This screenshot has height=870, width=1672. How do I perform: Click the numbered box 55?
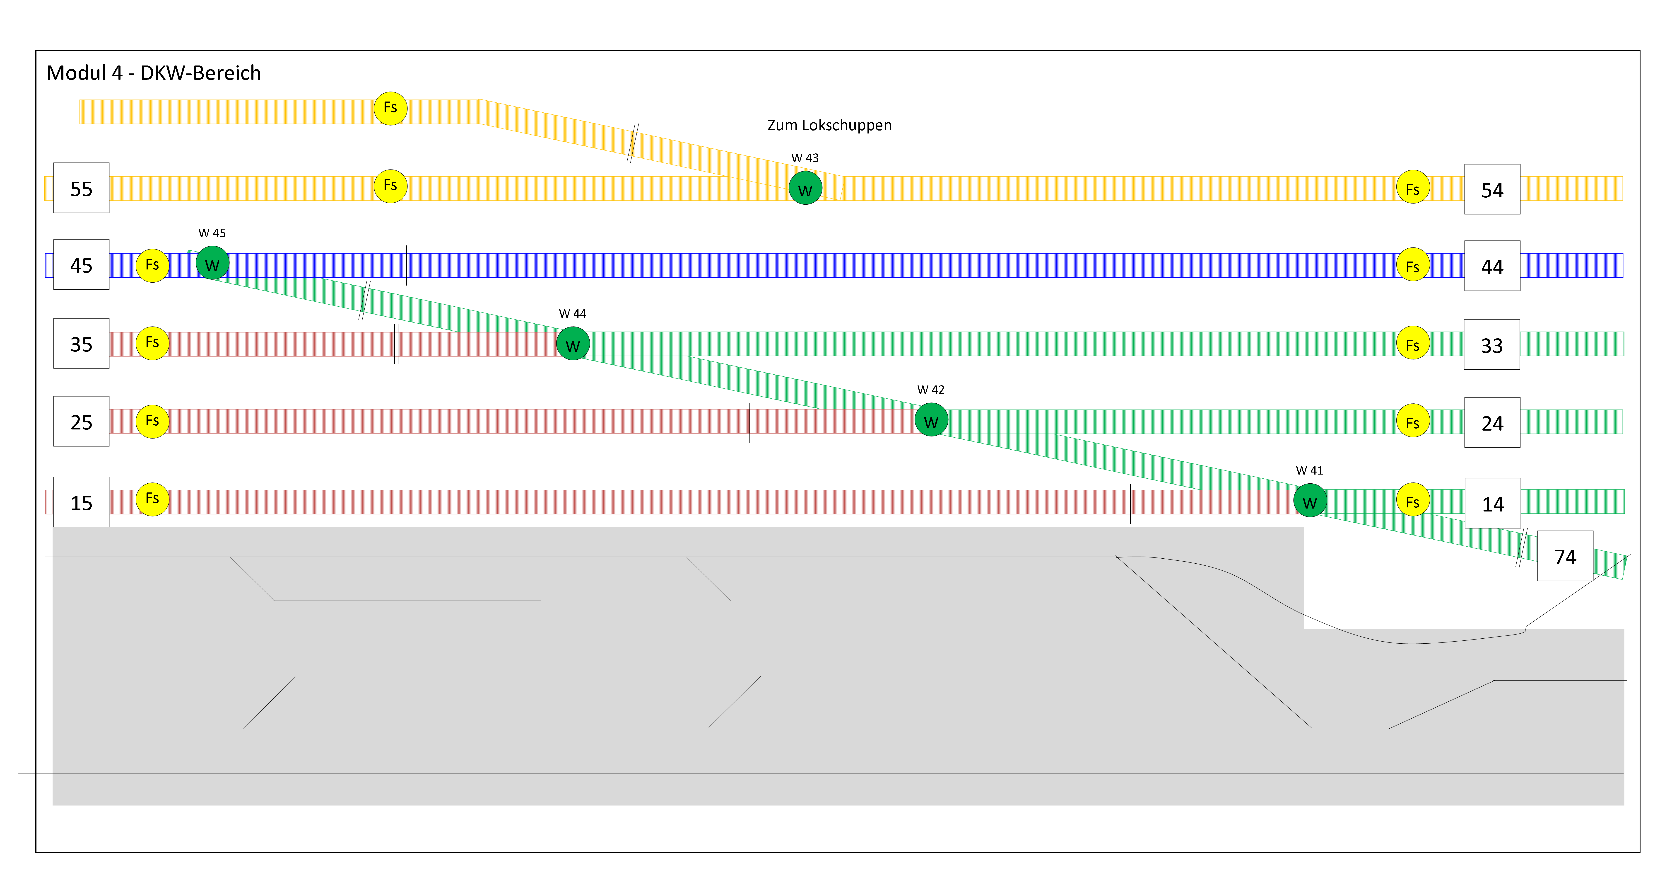click(81, 188)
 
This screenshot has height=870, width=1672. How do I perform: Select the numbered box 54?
click(1491, 190)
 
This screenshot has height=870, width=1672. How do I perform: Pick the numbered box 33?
click(1491, 345)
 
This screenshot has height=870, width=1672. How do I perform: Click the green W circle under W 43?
click(805, 188)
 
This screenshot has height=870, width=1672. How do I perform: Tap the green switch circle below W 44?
click(573, 344)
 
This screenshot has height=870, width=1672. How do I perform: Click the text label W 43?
click(805, 158)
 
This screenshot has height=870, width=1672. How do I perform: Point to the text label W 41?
click(1309, 470)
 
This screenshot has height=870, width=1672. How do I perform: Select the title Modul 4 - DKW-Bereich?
click(153, 73)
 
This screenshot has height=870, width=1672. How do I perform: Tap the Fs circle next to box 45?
click(152, 265)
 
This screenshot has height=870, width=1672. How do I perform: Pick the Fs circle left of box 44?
click(1412, 265)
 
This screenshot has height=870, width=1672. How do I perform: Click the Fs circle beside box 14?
click(1412, 500)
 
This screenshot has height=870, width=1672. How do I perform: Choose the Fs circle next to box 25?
click(152, 421)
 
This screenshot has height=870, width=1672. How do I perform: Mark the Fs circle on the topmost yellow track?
click(390, 108)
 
